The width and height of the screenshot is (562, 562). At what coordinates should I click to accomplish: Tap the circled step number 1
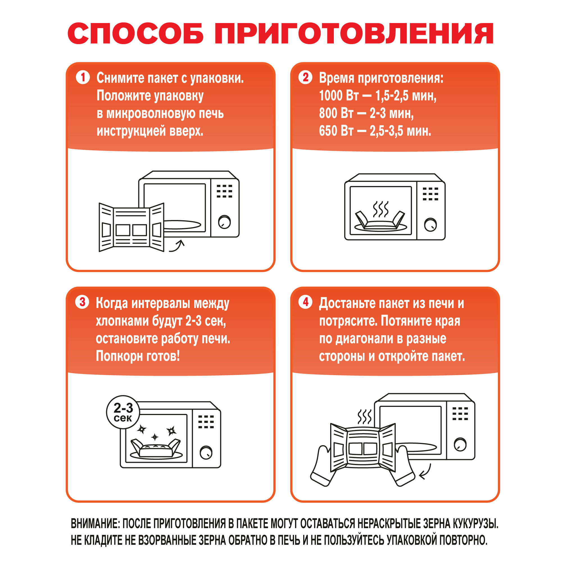pos(83,77)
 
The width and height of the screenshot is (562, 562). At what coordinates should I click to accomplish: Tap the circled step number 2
pos(305,77)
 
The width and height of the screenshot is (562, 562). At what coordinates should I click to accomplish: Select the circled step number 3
pos(82,302)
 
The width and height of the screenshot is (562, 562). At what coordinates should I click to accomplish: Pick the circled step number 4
pos(305,302)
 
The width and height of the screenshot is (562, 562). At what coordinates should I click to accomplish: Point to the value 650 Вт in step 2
pos(336,131)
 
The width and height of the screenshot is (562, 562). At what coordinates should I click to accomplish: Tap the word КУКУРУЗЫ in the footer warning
pos(474,524)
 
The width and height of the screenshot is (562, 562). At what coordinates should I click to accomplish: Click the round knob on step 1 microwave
pos(225,222)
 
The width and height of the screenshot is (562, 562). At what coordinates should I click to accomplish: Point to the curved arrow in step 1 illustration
pos(177,246)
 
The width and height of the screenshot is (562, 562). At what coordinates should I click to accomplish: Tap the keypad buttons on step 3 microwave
pos(206,422)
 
